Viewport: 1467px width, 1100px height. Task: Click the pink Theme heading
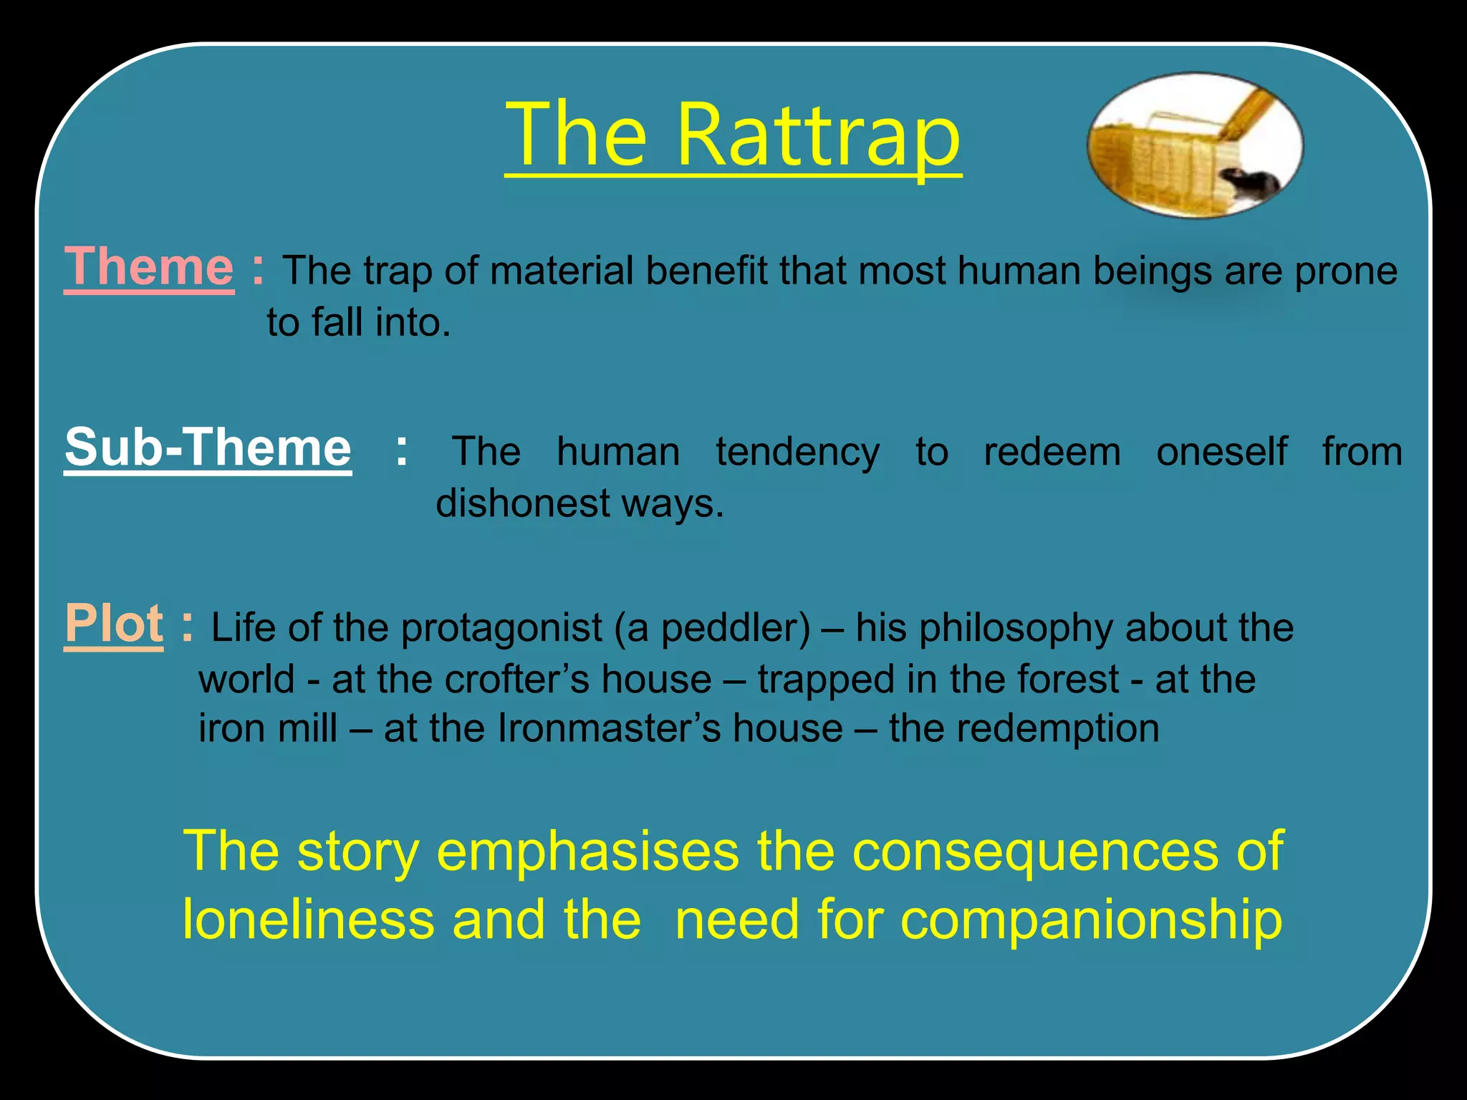tap(149, 267)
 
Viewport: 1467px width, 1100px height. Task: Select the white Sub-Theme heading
tap(208, 448)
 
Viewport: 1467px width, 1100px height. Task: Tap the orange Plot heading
tap(114, 624)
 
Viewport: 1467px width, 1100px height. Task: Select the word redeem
tap(1052, 452)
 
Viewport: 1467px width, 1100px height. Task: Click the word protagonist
tap(501, 628)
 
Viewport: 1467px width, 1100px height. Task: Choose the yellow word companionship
tap(1090, 921)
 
